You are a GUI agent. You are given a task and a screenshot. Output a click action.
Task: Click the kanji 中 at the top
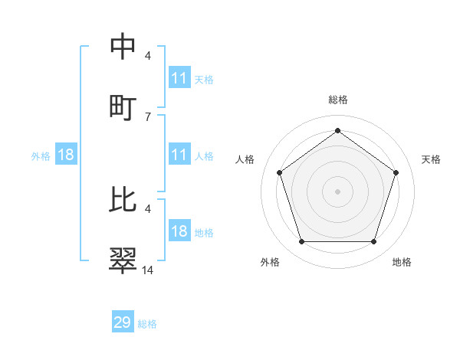pos(123,47)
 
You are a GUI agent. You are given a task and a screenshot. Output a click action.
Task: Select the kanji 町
pos(123,105)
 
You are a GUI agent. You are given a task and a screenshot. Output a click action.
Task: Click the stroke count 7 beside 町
pos(147,116)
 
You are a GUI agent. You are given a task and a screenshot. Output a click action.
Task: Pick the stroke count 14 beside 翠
pos(147,270)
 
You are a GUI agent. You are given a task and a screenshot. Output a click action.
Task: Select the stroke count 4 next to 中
pos(147,56)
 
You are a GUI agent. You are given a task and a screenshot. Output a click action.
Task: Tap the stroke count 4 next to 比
pos(147,208)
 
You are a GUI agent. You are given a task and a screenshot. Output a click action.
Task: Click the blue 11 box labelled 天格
pos(179,78)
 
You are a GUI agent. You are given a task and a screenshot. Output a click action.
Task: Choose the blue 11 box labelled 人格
pos(179,155)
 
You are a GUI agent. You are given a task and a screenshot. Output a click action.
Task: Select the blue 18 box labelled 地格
pos(179,231)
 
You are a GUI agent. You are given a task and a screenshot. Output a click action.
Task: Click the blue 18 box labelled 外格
pos(66,155)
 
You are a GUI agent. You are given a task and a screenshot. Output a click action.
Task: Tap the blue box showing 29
pos(123,322)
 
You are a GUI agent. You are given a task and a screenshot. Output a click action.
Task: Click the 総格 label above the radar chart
pos(338,100)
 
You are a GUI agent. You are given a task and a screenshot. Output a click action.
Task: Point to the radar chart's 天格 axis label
pos(432,159)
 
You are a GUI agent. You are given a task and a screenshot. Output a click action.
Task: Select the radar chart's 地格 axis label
pos(402,262)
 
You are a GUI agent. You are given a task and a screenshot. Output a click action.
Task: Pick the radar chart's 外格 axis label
pos(270,262)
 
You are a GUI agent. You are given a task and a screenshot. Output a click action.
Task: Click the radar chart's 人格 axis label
pos(245,159)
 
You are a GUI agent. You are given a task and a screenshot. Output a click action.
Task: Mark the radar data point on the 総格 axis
pos(337,131)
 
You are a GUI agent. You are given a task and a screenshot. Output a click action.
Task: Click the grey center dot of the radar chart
pos(337,191)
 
